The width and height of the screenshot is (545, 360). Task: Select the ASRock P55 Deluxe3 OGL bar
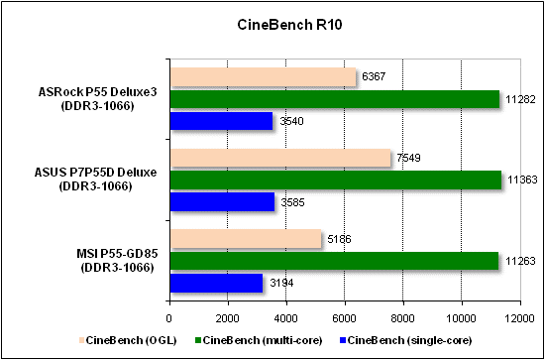[x=263, y=77]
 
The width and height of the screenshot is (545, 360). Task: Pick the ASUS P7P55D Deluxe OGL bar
[x=279, y=158]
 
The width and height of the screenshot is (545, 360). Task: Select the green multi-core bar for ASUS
[x=335, y=180]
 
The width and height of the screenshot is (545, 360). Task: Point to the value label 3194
[x=283, y=284]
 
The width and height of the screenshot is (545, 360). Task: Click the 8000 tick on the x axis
[x=402, y=318]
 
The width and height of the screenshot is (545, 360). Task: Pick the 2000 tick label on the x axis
[x=227, y=318]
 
